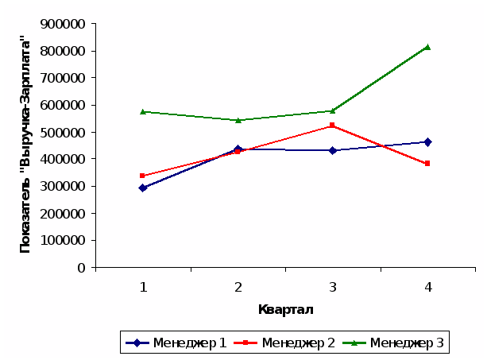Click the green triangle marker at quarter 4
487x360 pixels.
tap(427, 47)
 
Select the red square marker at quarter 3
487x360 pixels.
tap(332, 126)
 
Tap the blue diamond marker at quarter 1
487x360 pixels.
tap(143, 188)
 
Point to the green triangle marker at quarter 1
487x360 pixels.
tap(143, 111)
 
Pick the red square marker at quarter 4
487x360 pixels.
tap(427, 163)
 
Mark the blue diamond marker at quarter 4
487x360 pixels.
tap(427, 142)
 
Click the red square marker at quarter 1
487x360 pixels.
tap(143, 176)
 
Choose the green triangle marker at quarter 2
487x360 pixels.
tap(238, 120)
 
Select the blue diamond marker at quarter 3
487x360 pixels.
tap(332, 150)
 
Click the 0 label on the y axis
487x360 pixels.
tap(81, 267)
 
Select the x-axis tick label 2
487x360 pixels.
tap(238, 287)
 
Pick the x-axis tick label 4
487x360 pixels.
tap(427, 287)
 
